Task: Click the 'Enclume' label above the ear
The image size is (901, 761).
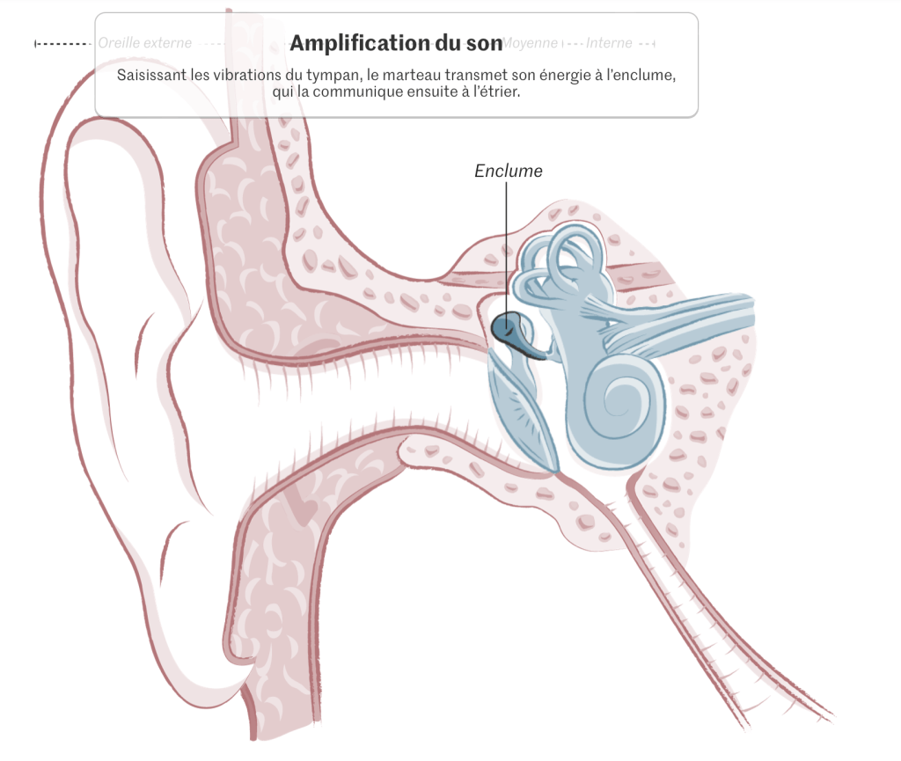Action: pos(508,171)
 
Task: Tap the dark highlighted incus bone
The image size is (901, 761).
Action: pos(505,329)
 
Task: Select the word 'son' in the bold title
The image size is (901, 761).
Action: pos(485,43)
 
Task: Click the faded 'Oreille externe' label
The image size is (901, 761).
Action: pos(144,43)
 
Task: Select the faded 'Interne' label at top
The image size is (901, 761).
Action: pos(609,43)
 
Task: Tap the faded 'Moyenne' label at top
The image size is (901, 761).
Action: pos(531,43)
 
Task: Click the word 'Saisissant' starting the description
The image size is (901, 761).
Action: pos(150,75)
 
